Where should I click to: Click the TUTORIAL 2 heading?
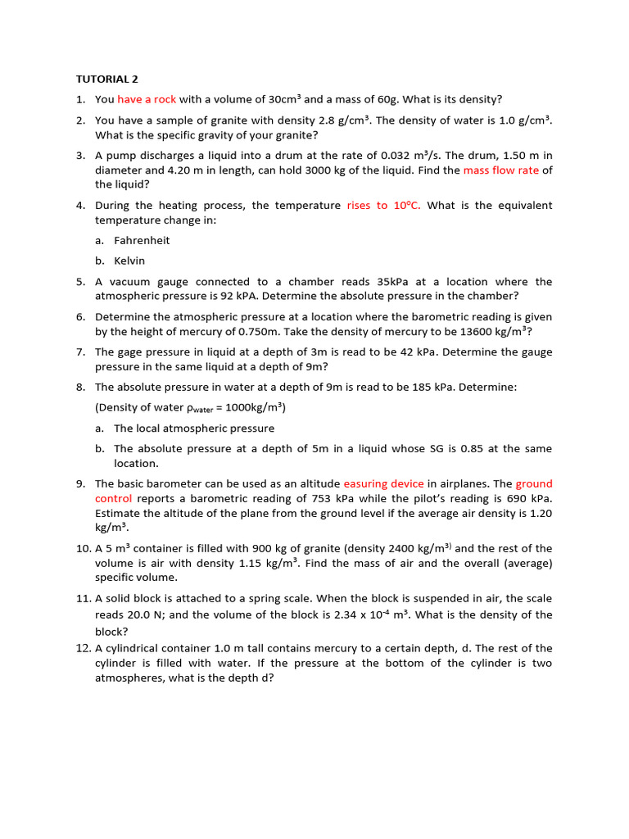[x=107, y=79]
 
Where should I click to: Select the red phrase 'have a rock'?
[x=147, y=99]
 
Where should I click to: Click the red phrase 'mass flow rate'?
[x=500, y=170]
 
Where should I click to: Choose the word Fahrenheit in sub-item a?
[x=142, y=241]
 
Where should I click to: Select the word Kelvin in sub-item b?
[x=129, y=261]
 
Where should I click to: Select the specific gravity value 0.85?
[x=467, y=448]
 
